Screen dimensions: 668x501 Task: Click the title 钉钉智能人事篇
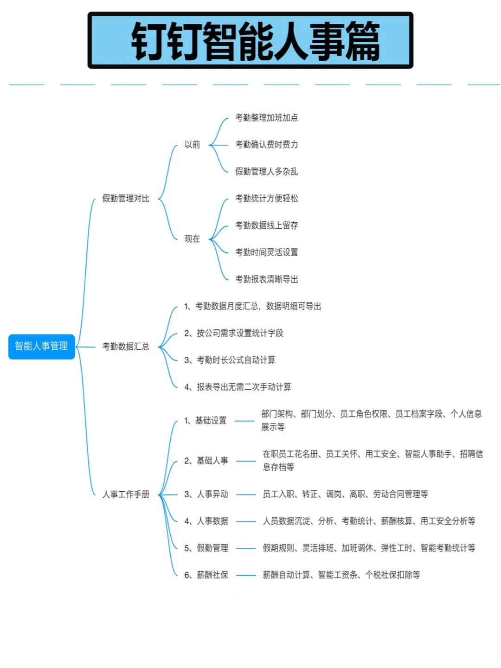(x=250, y=41)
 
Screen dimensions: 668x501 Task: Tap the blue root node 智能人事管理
(x=41, y=346)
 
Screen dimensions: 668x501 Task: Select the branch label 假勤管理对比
(x=126, y=199)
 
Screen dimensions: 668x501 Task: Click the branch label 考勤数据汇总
(x=126, y=347)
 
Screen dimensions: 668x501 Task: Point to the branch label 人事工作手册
(x=126, y=494)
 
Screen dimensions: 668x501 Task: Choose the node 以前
(x=192, y=145)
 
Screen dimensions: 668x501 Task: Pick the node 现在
(x=192, y=239)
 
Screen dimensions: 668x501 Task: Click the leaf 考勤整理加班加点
(x=266, y=118)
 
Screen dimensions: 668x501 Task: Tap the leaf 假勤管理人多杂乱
(x=266, y=172)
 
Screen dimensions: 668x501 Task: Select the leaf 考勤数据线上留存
(x=266, y=225)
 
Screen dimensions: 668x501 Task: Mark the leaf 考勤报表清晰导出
(x=266, y=279)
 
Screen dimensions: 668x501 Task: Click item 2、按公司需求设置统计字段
(x=234, y=333)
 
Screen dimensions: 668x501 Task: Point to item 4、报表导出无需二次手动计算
(x=238, y=387)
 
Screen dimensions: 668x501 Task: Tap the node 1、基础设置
(x=206, y=421)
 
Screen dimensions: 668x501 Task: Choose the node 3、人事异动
(x=206, y=494)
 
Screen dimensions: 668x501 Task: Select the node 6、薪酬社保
(x=206, y=575)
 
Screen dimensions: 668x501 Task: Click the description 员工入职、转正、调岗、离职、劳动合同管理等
(x=345, y=494)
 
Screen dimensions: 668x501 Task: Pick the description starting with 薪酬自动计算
(x=341, y=575)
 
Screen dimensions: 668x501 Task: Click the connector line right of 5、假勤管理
(x=246, y=548)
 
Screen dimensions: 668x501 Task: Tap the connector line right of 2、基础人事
(x=246, y=461)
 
